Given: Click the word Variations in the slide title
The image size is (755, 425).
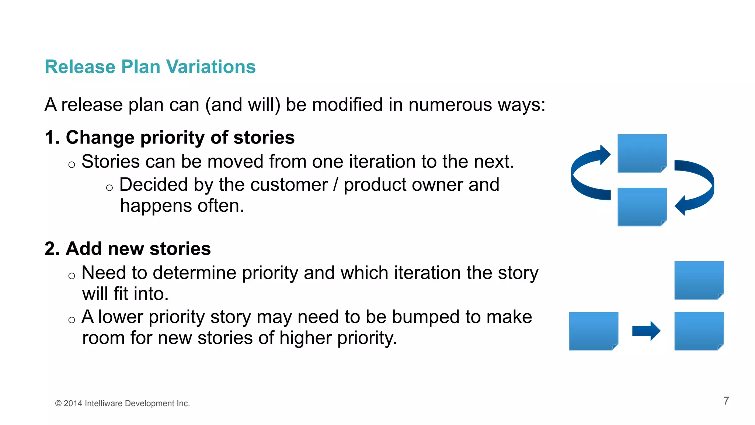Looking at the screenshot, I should click(211, 67).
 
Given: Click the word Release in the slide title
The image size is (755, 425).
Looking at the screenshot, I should click(80, 67).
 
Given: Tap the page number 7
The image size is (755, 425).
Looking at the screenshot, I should click(726, 401).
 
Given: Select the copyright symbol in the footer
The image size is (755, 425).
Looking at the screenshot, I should click(58, 404).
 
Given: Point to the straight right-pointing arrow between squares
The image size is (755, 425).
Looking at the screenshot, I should click(646, 331).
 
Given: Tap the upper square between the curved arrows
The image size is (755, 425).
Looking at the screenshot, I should click(642, 153).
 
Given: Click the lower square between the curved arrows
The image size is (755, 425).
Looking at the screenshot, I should click(642, 207).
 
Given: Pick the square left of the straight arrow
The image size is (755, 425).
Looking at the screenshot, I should click(593, 331).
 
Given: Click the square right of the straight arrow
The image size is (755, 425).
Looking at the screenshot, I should click(699, 331).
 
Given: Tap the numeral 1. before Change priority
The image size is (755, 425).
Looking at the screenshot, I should click(52, 138).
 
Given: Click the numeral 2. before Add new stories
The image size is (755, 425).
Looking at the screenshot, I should click(52, 249).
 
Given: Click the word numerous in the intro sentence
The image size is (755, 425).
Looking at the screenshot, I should click(450, 105).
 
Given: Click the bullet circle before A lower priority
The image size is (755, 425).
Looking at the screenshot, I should click(72, 320).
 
